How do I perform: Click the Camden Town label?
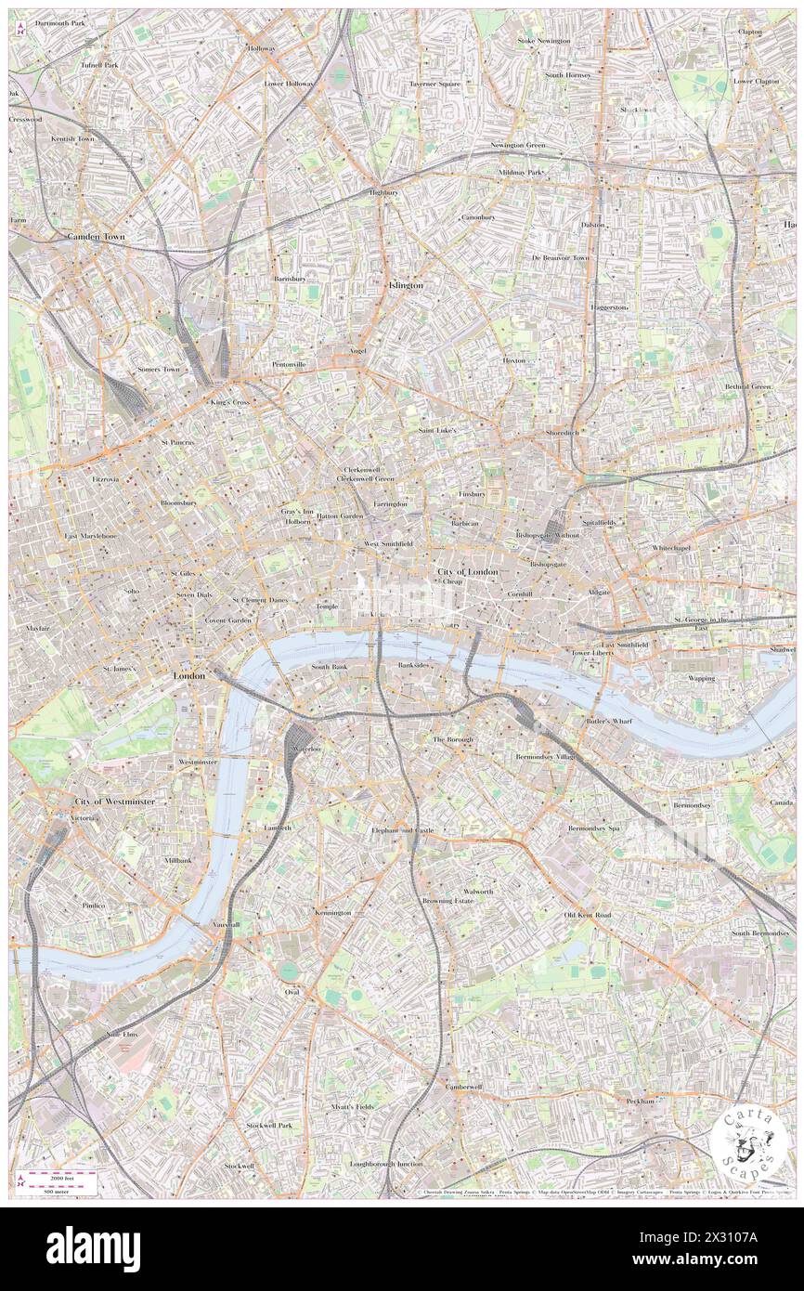click(x=96, y=238)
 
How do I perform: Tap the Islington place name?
click(x=405, y=286)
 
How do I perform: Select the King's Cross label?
click(x=227, y=403)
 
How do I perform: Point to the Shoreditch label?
click(x=563, y=433)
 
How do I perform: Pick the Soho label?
click(x=131, y=591)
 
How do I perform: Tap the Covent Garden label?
click(x=228, y=619)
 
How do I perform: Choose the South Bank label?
click(x=329, y=667)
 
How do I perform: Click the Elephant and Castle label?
click(x=402, y=829)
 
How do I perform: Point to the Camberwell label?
click(x=463, y=1087)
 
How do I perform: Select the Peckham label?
click(x=641, y=1101)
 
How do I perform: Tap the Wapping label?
click(x=701, y=678)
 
